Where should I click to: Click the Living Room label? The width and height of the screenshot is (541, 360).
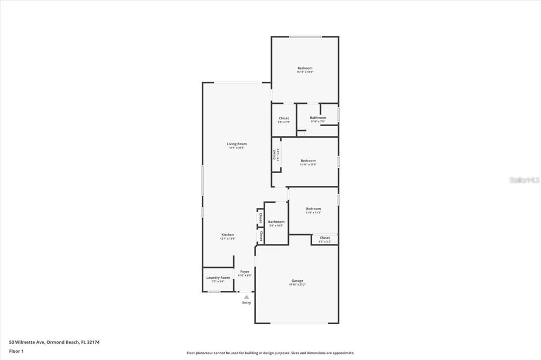(x=237, y=144)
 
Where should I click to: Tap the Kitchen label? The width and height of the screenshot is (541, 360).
(x=227, y=234)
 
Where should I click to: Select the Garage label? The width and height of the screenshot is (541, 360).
(x=297, y=280)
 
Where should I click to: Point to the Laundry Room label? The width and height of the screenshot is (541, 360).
(x=218, y=277)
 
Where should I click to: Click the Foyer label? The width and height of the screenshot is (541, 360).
(x=245, y=271)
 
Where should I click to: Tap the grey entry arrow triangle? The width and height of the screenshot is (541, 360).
(x=246, y=297)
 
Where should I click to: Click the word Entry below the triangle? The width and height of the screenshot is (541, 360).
(x=247, y=302)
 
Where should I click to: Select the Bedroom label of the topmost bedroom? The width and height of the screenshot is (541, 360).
(x=305, y=68)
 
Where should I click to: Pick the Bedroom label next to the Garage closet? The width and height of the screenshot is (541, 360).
(x=313, y=209)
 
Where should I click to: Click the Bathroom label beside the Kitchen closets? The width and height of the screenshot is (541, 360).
(x=276, y=222)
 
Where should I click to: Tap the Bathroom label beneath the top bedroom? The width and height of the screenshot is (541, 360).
(x=318, y=117)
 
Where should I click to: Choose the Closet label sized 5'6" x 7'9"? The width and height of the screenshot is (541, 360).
(x=284, y=118)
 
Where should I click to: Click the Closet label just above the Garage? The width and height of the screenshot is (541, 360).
(x=324, y=238)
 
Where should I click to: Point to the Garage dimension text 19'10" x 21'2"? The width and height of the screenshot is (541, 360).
(x=297, y=285)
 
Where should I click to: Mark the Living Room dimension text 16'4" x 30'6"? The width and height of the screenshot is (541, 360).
(x=237, y=148)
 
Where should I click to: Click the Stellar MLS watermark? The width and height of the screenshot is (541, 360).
(x=524, y=180)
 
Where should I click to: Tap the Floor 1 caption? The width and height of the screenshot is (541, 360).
(x=16, y=351)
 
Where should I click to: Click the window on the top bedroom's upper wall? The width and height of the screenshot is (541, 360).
(x=305, y=36)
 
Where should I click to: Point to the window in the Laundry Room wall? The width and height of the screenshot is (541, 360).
(x=214, y=291)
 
